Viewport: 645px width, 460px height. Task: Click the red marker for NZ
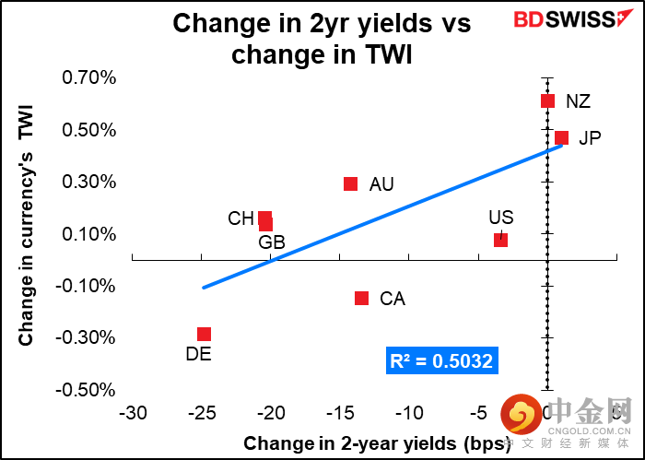pos(547,100)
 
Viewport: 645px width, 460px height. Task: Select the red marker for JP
pos(561,138)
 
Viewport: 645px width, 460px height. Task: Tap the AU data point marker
pos(350,183)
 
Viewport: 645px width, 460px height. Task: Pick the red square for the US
pos(500,240)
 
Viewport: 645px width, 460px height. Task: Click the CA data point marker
pos(361,298)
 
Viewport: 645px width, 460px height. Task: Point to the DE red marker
pos(204,334)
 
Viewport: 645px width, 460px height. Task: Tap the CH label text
pos(240,218)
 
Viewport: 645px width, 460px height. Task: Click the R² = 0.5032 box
pos(441,361)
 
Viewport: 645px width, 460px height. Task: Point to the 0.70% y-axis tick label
pos(89,77)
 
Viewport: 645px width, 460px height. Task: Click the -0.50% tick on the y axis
pos(87,390)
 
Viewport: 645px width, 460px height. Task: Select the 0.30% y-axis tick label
pos(89,182)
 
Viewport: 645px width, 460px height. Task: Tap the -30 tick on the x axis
pos(133,411)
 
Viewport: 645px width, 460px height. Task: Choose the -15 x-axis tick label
pos(341,411)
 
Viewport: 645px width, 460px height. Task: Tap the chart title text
pos(322,38)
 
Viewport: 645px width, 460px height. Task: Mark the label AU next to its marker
pos(381,184)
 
